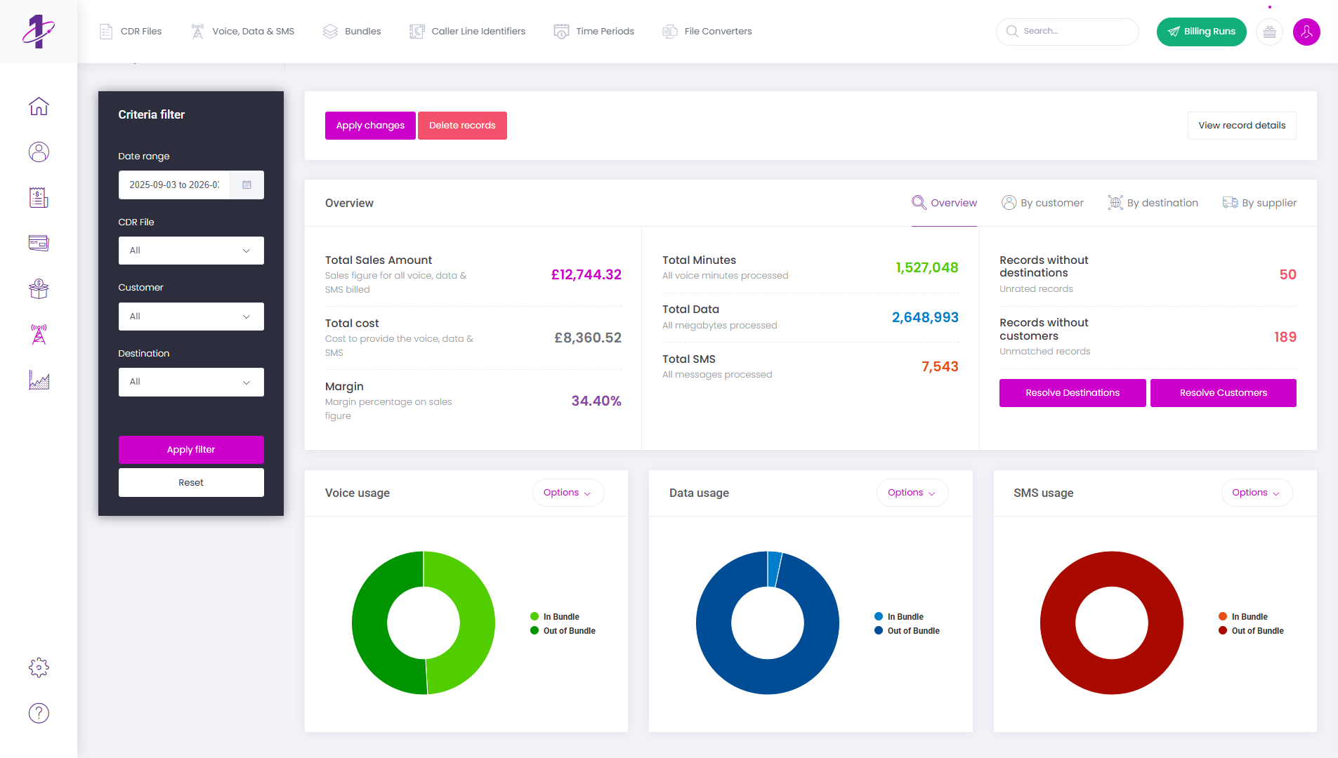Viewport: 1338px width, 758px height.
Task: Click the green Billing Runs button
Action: (1201, 32)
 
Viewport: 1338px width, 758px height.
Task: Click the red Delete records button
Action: (462, 126)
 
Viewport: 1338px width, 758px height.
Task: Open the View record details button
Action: (1241, 126)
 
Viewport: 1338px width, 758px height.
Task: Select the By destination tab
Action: (1153, 203)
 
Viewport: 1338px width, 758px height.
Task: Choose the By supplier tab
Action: (1259, 203)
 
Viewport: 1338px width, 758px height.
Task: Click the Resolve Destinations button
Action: (1072, 393)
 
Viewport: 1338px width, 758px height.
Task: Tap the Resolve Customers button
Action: (1223, 393)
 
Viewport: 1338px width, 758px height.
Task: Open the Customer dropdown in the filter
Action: (191, 317)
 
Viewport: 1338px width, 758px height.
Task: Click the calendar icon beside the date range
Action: (247, 185)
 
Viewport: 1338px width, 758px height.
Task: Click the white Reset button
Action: (191, 483)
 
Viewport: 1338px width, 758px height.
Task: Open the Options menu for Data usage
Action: (912, 493)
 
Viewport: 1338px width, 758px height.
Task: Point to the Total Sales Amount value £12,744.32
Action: (586, 274)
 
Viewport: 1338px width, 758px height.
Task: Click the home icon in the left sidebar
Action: (39, 106)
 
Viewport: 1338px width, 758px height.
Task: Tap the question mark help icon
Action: (39, 713)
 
